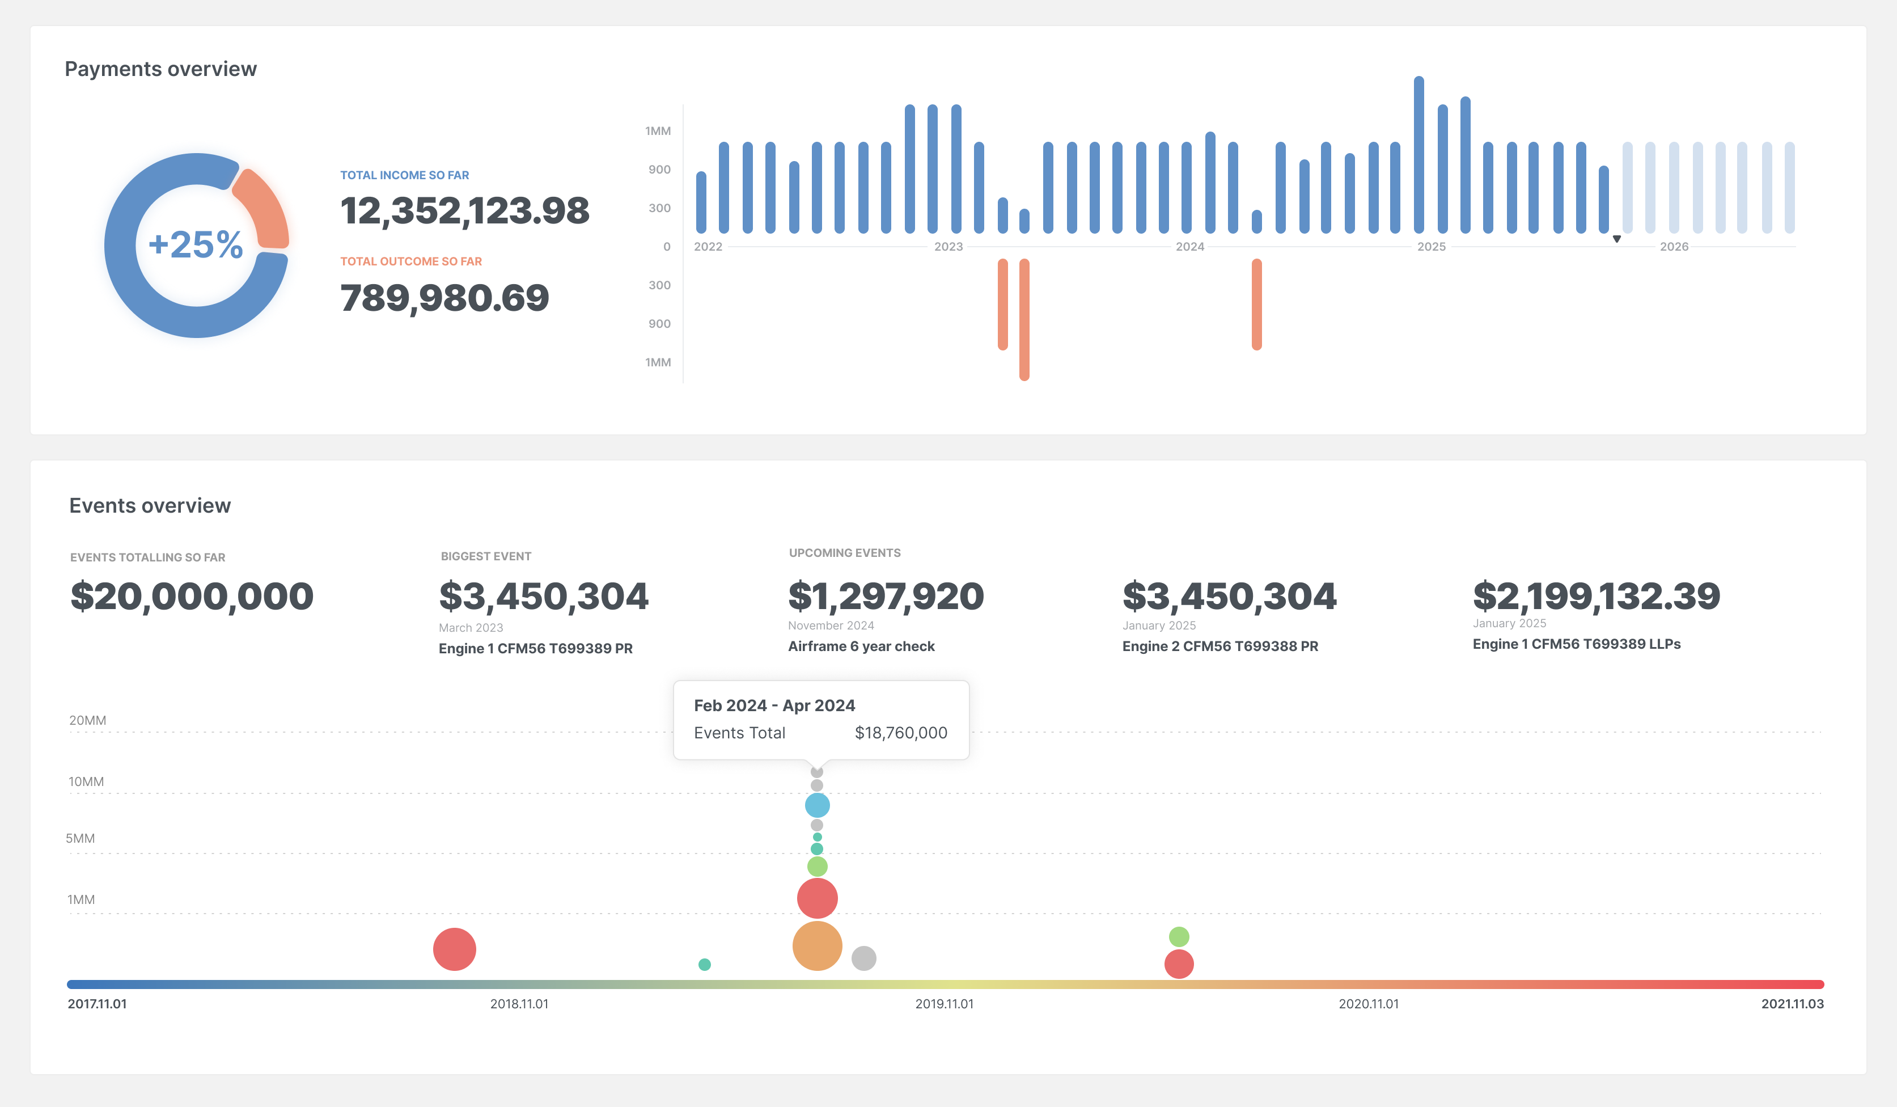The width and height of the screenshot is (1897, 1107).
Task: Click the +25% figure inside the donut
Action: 196,245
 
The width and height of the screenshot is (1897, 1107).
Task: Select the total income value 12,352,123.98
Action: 464,211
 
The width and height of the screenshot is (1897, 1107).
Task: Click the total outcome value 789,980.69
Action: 444,298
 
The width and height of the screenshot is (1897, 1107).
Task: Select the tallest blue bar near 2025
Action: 1418,154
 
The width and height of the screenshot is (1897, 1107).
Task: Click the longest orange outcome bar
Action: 1024,319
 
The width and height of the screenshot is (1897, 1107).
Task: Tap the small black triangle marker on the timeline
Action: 1616,239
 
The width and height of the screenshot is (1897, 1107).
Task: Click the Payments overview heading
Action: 160,69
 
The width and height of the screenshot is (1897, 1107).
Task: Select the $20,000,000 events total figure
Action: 192,597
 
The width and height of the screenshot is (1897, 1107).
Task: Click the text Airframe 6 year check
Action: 861,646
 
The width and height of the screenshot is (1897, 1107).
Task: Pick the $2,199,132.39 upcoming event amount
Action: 1596,597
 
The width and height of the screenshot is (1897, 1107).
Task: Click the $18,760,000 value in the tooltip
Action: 900,733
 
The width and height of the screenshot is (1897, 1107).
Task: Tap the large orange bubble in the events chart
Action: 817,946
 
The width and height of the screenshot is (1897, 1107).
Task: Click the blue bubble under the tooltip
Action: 817,805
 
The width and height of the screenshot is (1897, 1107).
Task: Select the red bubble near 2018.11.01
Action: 454,949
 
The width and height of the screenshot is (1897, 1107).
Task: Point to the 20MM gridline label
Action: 87,720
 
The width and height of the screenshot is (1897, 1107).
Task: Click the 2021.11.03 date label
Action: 1792,1004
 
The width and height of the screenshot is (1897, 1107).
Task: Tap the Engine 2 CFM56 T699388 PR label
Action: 1219,646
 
